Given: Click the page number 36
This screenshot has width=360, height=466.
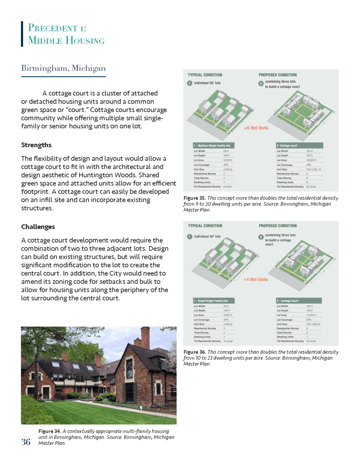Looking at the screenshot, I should [25, 441].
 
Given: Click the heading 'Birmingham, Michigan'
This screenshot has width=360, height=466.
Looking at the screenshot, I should [63, 68].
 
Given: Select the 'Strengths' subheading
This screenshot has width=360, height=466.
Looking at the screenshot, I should [36, 145].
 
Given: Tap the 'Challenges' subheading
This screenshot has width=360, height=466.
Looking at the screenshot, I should [38, 227].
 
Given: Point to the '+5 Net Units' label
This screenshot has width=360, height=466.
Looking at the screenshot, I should [256, 128].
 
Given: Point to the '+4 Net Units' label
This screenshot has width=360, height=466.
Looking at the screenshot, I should [256, 279].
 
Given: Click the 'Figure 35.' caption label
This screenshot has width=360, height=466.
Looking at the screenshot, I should [194, 198].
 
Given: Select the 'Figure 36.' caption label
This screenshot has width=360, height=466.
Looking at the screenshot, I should [194, 352].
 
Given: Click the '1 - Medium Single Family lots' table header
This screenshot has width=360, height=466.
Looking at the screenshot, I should [212, 145].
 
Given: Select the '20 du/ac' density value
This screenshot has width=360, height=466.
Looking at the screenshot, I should [312, 187].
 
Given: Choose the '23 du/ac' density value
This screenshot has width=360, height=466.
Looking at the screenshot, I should [312, 341].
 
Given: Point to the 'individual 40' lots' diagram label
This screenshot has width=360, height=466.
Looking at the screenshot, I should [208, 236].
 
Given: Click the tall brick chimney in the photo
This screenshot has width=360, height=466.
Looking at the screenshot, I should [145, 338].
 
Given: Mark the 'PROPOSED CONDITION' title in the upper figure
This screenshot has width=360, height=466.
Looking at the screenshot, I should [278, 75].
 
